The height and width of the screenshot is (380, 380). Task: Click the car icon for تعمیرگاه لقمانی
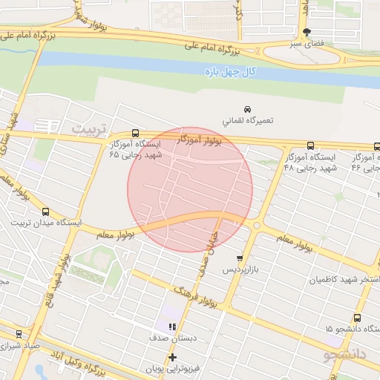click(x=247, y=108)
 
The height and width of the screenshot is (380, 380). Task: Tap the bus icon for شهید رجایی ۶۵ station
click(x=134, y=133)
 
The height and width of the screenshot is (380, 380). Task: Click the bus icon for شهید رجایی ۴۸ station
click(x=309, y=146)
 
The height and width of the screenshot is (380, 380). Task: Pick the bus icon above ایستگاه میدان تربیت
click(x=46, y=211)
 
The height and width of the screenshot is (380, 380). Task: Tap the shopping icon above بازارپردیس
click(x=239, y=258)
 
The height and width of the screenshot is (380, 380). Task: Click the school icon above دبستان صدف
click(x=172, y=326)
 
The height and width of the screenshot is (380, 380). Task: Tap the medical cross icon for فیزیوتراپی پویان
click(x=172, y=357)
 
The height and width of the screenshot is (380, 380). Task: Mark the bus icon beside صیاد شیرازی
click(x=19, y=334)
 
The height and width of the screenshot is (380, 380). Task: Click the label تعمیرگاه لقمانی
click(x=248, y=119)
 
